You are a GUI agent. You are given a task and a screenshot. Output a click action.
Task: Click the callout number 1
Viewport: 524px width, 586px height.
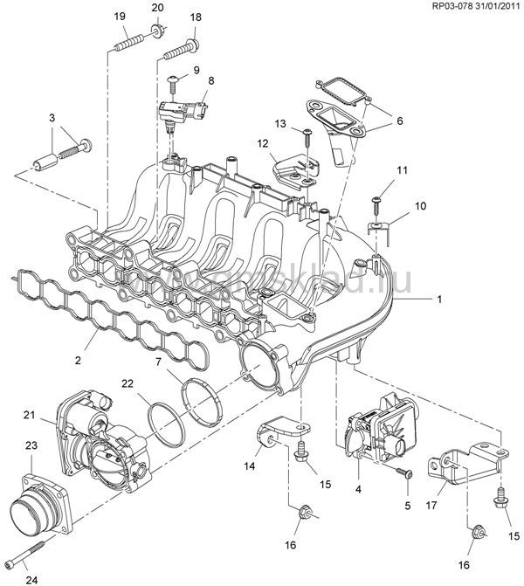[439, 299]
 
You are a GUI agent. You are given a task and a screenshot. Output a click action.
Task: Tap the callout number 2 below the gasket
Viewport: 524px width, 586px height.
[79, 359]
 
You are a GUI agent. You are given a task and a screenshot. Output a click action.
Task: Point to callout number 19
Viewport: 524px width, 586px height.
[119, 17]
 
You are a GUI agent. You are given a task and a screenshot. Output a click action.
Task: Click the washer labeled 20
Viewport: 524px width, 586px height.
[156, 32]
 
